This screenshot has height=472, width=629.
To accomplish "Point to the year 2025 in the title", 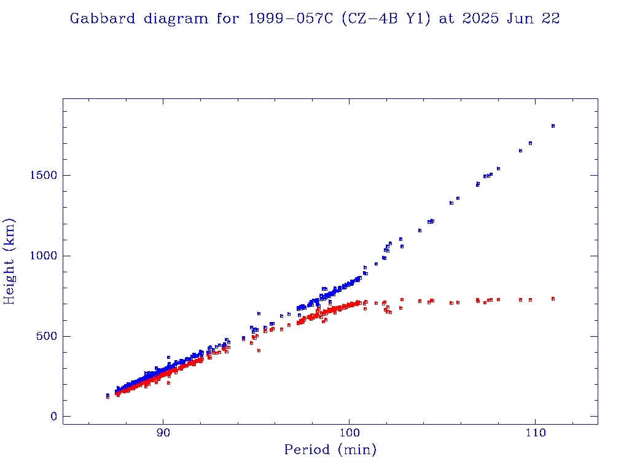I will pos(480,18).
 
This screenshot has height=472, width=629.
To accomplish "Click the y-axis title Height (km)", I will pos(10,261).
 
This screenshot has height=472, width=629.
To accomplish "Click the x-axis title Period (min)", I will pos(330,450).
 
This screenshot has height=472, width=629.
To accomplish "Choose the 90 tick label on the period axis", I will pos(163,432).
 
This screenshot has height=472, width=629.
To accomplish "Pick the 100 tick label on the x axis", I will pos(349,432).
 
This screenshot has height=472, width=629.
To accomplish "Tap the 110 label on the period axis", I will pos(535,432).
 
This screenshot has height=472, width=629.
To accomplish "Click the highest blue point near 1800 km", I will pos(553,126).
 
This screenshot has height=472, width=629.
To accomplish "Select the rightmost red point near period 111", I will pos(553,299).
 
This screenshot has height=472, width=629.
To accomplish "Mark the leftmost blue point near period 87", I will pos(107,395).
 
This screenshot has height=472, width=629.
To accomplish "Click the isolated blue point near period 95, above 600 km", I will pos(259,313).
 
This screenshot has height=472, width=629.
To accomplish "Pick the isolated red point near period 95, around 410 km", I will pos(259,350).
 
